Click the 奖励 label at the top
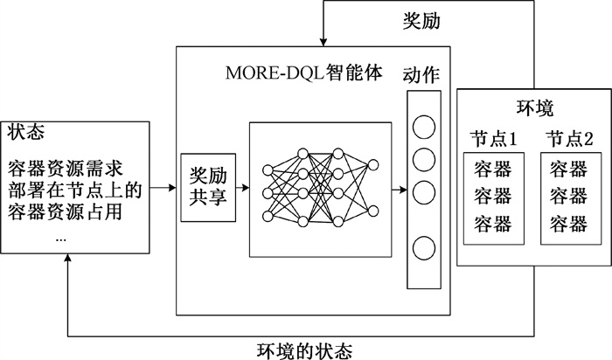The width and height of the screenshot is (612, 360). (x=421, y=20)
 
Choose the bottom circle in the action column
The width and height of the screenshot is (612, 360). (x=424, y=247)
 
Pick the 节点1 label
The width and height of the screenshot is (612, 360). (x=495, y=138)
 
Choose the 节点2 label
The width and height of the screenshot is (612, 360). (x=569, y=138)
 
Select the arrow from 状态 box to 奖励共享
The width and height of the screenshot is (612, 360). (x=163, y=187)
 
